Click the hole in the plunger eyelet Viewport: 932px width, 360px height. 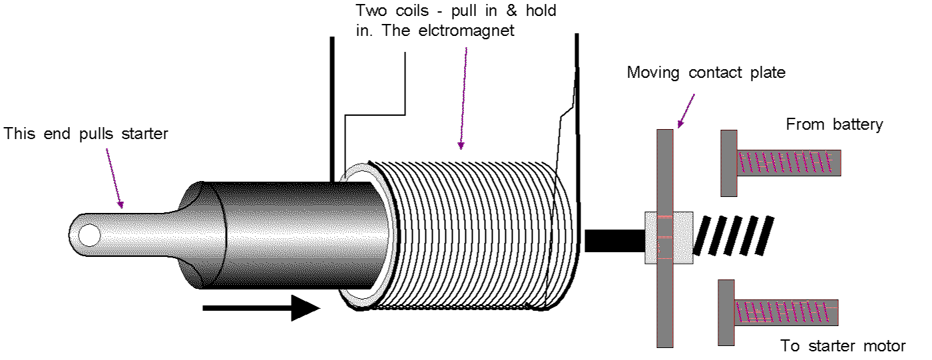[x=89, y=235]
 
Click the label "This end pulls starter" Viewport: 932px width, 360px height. [x=87, y=134]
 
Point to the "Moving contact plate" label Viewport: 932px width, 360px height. [x=706, y=72]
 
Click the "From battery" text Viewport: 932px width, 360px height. [x=834, y=124]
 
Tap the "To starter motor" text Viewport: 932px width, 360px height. [x=843, y=346]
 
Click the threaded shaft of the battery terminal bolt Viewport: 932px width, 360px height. [x=789, y=162]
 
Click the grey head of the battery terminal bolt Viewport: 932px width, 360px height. [x=728, y=163]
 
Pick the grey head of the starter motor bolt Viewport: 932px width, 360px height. [x=726, y=313]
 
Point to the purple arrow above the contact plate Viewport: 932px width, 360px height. [x=686, y=110]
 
